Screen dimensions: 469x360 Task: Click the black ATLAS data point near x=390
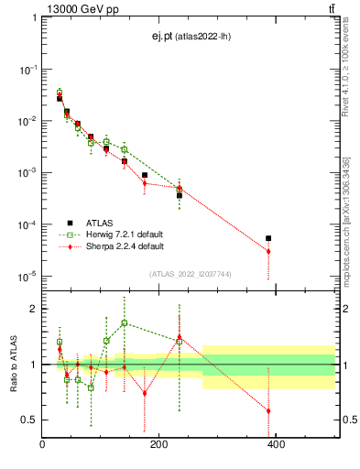[x=268, y=238]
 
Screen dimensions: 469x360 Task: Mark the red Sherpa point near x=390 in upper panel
[x=268, y=251]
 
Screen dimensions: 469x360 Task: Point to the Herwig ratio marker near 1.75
[x=125, y=322]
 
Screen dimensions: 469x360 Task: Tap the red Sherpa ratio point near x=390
[x=268, y=410]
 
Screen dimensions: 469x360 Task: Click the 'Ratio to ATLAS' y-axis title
[x=12, y=365]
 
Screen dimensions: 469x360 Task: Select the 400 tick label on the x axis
[x=276, y=445]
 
